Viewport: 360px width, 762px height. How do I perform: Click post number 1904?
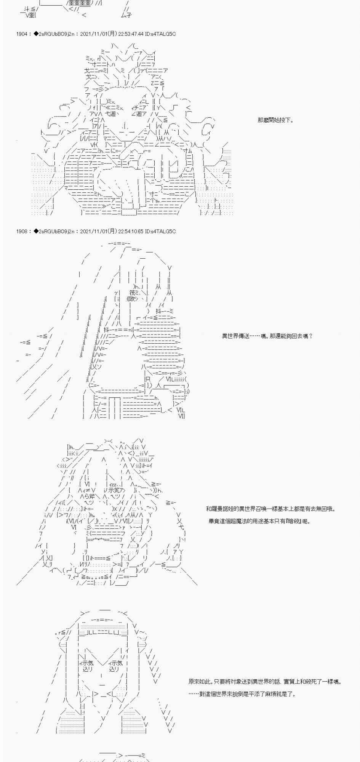point(22,34)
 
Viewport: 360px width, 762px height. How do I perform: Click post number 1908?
point(22,232)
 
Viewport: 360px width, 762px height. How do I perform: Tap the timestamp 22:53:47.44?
point(131,34)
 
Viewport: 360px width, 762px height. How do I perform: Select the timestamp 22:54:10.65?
point(131,232)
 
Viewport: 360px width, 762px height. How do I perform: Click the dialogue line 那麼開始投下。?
point(275,120)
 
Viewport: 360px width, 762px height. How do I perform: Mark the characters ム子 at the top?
point(126,15)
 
